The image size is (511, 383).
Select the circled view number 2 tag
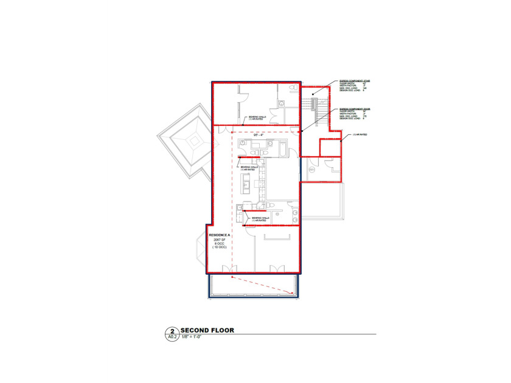click(172, 331)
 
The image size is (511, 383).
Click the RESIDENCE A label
click(220, 235)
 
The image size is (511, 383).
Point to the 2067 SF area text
click(220, 240)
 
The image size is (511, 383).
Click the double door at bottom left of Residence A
click(229, 268)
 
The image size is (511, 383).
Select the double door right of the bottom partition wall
click(277, 268)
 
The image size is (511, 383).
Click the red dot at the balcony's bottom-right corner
click(293, 294)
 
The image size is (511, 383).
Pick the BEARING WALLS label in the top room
click(255, 119)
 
